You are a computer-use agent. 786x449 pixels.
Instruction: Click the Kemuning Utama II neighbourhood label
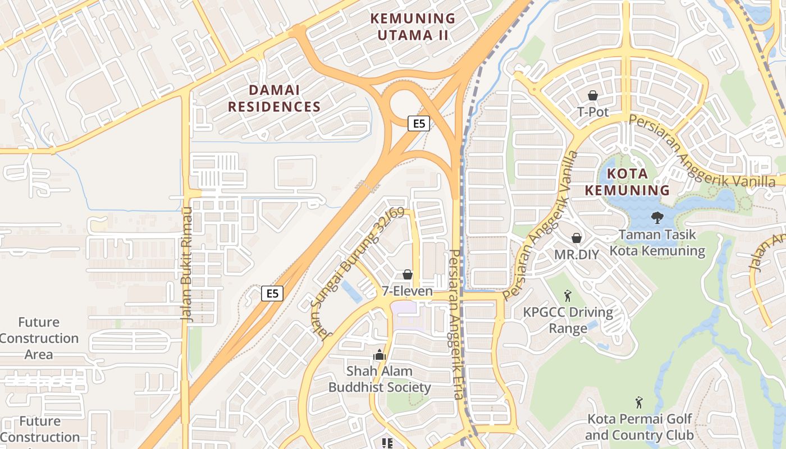pos(413,26)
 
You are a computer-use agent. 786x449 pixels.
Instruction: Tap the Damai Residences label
pos(274,98)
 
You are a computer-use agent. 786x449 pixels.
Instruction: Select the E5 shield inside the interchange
pos(419,123)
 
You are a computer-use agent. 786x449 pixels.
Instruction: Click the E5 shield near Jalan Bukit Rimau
pos(272,293)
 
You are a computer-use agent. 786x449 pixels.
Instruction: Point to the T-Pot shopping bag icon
pos(592,96)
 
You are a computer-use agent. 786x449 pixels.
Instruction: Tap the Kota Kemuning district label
pos(627,182)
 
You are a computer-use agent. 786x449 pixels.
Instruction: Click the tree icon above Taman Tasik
pos(656,217)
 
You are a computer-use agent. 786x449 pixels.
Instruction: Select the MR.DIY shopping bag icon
pos(576,238)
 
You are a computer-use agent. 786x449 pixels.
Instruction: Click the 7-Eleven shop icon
pos(408,274)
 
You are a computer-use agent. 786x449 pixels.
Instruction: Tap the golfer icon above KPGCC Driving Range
pos(568,295)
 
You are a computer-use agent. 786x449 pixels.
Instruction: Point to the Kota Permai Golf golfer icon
pos(638,402)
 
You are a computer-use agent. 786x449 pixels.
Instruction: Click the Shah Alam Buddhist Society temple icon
pos(379,355)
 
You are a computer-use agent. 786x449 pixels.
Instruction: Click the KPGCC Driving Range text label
pos(568,320)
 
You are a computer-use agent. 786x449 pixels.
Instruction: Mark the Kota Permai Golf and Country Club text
pos(639,427)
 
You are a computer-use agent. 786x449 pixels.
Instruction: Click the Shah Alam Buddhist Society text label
pos(380,379)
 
